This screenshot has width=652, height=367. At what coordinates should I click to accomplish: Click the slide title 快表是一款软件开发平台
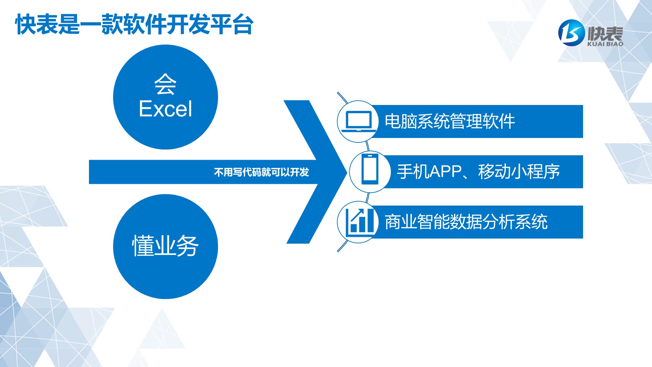134,24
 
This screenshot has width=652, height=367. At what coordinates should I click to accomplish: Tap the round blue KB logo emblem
572,33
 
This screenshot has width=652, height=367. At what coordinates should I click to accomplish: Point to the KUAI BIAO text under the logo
605,44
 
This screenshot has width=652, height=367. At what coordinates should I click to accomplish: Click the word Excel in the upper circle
165,109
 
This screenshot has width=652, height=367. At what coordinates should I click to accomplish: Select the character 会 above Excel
165,84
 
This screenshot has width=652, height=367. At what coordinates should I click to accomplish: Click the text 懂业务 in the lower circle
165,245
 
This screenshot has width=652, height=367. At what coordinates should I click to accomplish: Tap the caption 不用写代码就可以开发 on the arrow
261,172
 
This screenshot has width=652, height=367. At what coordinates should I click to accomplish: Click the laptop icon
359,121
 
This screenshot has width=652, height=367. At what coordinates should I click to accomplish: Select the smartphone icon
370,169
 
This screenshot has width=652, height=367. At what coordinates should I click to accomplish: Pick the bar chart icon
360,222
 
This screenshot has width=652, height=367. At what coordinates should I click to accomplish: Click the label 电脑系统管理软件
450,121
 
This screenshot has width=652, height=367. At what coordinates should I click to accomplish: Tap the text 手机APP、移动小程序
478,172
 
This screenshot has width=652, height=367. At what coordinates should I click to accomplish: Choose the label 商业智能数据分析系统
466,222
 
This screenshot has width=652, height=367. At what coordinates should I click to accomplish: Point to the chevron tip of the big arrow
347,172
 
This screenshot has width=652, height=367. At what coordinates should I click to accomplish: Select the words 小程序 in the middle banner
535,172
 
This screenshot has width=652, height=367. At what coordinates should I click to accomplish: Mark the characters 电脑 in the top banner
401,121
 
